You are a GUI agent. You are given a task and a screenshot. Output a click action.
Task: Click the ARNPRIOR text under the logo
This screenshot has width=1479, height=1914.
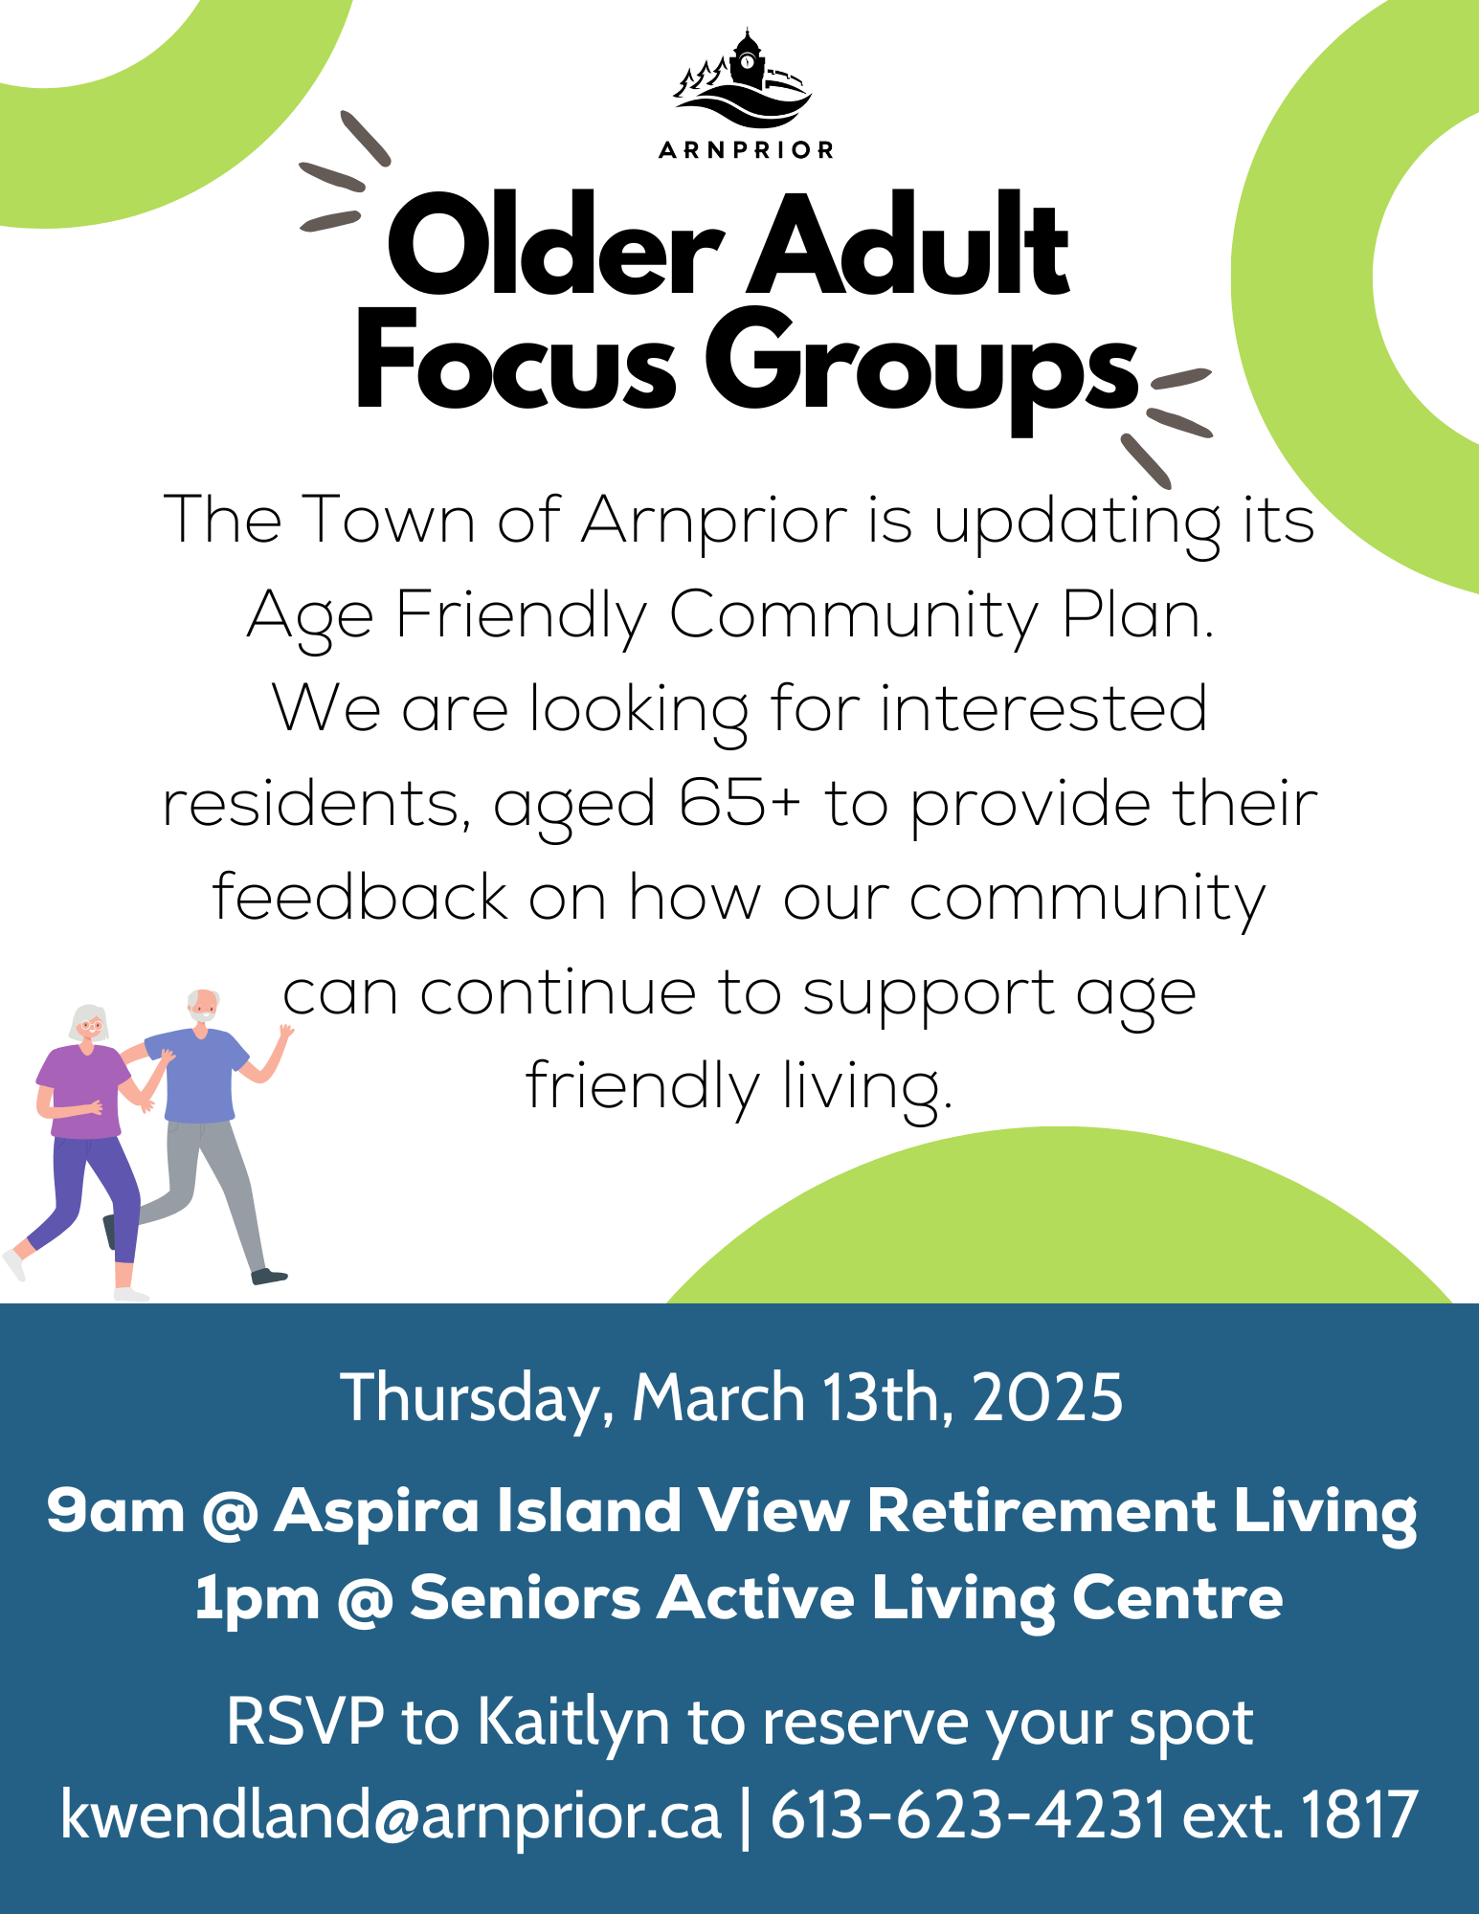coord(747,150)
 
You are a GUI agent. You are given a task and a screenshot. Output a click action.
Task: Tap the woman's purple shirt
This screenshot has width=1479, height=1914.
coord(82,1092)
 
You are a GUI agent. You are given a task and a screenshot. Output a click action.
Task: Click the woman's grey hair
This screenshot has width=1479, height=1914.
coord(89,1020)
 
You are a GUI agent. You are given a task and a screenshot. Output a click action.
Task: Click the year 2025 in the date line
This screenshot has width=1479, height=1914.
coord(1047,1398)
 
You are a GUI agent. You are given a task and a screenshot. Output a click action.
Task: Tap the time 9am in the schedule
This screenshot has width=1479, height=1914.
coord(115,1511)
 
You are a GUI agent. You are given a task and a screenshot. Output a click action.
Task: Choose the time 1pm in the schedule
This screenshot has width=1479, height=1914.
coord(257,1599)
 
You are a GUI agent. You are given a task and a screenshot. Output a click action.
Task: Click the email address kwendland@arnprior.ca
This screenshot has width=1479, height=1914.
coord(391,1814)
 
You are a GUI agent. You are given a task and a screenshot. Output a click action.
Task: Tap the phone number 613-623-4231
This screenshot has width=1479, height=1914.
coord(968,1814)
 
